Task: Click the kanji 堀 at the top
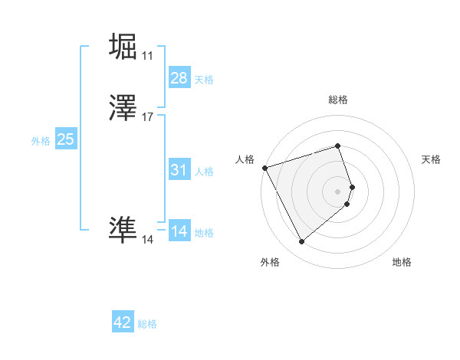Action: (x=123, y=46)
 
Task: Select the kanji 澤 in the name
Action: (x=123, y=109)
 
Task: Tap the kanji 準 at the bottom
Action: (x=123, y=230)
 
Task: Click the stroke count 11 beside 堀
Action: (x=147, y=56)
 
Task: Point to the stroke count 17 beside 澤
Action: (x=148, y=117)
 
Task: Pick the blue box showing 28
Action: (x=179, y=78)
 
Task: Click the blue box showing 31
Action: (x=179, y=170)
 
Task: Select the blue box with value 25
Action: (x=65, y=139)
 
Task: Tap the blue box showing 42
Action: (x=123, y=322)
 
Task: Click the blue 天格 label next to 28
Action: (x=204, y=80)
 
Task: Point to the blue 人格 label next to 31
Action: (x=204, y=172)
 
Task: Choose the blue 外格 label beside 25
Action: (x=41, y=141)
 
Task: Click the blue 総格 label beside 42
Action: (x=147, y=324)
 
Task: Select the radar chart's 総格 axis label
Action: (x=338, y=100)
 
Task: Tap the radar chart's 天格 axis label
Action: (x=431, y=159)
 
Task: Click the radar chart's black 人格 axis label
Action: (x=245, y=159)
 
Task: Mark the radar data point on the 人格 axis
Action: (x=264, y=168)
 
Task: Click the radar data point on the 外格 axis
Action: (x=301, y=241)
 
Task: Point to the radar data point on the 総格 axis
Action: (x=338, y=146)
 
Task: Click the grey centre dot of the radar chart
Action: (x=338, y=191)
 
